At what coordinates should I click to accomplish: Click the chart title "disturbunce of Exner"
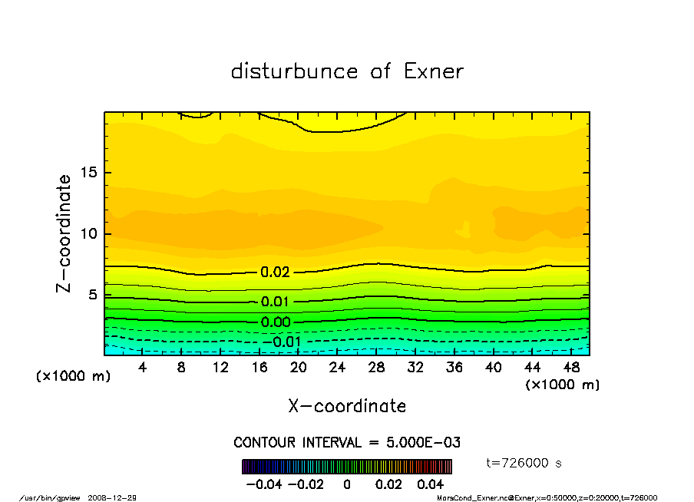(x=347, y=71)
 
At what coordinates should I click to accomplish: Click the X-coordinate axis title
(x=347, y=406)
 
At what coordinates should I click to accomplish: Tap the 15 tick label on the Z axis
(x=90, y=173)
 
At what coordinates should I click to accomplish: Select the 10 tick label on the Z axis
(x=90, y=233)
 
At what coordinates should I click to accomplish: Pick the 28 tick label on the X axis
(x=376, y=368)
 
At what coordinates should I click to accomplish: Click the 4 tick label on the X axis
(x=143, y=368)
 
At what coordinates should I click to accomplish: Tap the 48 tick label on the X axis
(x=571, y=368)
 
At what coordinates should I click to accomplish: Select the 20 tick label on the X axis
(x=299, y=368)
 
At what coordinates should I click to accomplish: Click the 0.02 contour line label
(x=276, y=272)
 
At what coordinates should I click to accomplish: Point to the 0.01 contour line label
(x=276, y=302)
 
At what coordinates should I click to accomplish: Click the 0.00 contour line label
(x=276, y=322)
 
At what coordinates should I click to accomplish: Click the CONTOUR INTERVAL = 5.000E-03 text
(x=347, y=443)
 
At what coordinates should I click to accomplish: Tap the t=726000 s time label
(x=524, y=463)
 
